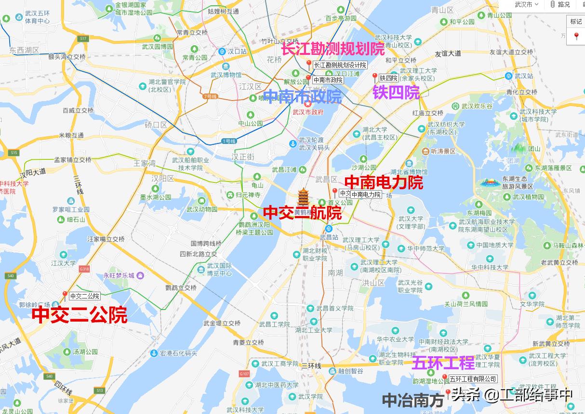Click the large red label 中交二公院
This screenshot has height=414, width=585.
point(80,315)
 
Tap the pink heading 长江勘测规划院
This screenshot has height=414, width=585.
point(333,49)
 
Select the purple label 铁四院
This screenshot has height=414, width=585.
point(396,92)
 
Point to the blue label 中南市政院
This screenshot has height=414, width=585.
point(303,97)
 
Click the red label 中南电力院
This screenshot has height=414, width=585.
point(384,182)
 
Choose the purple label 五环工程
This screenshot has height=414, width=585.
point(443,362)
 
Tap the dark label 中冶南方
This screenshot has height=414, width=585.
point(413,400)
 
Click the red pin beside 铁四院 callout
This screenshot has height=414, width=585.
point(375,77)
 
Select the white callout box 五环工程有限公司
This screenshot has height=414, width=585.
point(473,379)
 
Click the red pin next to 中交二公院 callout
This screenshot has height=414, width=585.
point(65,295)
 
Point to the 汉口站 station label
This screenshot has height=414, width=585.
point(237,51)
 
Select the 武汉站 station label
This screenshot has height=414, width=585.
point(523,76)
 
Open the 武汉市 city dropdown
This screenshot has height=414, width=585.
point(526,5)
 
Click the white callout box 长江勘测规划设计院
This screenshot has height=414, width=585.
point(340,65)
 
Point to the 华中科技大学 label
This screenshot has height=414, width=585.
point(492,267)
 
